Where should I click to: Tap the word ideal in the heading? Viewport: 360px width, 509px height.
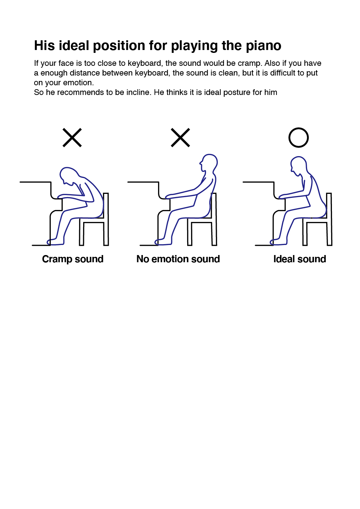pos(74,45)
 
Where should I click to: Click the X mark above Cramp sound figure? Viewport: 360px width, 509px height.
pos(72,137)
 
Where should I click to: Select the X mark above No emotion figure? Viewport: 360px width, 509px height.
pos(180,137)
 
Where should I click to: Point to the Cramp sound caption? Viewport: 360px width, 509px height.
pos(73,259)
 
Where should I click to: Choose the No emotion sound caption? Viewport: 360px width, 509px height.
pos(178,259)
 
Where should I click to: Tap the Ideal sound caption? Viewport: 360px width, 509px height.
pos(300,259)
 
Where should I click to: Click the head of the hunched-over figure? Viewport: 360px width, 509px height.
pos(68,175)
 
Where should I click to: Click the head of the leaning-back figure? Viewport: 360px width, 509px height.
pos(209,163)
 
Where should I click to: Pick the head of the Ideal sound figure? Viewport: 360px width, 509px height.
pos(298,165)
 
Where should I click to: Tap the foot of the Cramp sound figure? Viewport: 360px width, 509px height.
pos(55,242)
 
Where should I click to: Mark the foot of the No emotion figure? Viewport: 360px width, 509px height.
pos(163,242)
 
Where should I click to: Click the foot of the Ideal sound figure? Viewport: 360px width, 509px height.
pos(278,242)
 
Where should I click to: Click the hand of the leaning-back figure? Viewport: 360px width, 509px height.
pos(171,196)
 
